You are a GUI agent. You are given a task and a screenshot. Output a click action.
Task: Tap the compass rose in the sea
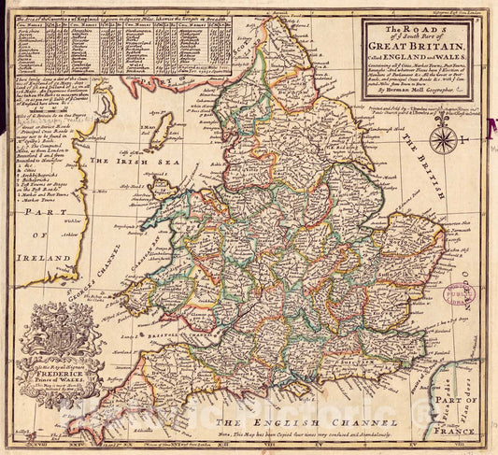click(444, 140)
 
